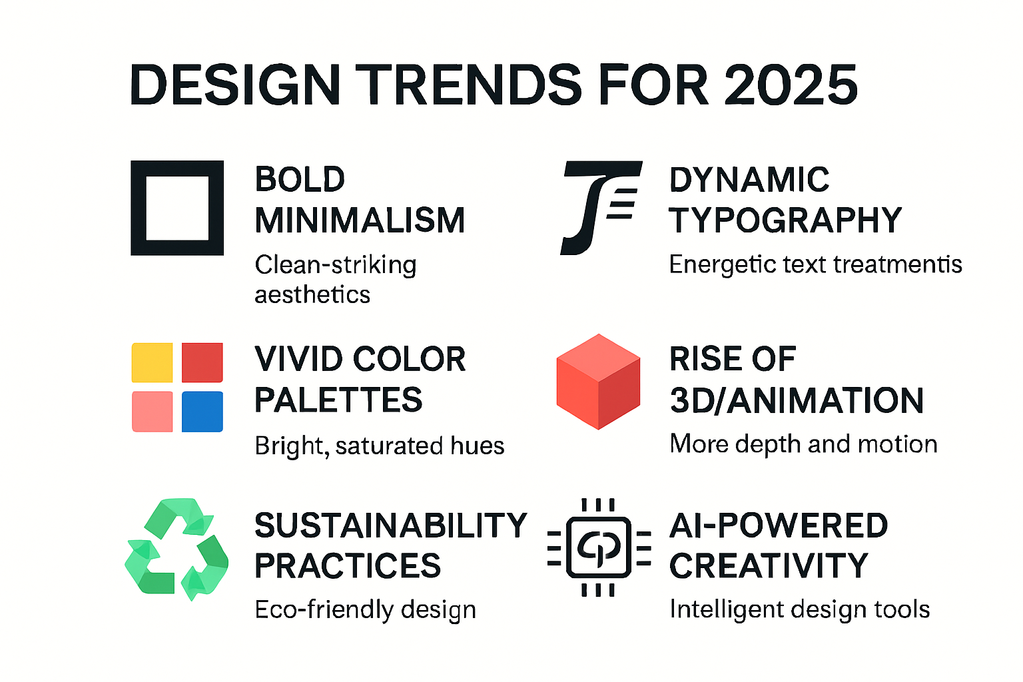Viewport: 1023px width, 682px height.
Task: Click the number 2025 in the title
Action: pyautogui.click(x=791, y=85)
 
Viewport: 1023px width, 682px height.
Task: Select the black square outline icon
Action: pyautogui.click(x=177, y=208)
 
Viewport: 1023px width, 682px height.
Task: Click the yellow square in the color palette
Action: pyautogui.click(x=153, y=362)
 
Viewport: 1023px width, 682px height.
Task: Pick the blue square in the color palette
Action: pyautogui.click(x=202, y=412)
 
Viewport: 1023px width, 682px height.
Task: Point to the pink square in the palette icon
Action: pyautogui.click(x=153, y=412)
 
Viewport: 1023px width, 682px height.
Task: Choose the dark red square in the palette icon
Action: pyautogui.click(x=202, y=362)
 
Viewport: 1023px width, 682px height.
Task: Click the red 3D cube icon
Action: pyautogui.click(x=598, y=382)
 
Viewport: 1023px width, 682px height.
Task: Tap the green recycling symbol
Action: pyautogui.click(x=176, y=549)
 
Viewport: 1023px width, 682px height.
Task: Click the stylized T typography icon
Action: pyautogui.click(x=599, y=206)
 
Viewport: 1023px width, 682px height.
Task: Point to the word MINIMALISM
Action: pyautogui.click(x=360, y=220)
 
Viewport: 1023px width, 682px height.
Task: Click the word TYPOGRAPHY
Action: pyautogui.click(x=785, y=220)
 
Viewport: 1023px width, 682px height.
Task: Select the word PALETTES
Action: pyautogui.click(x=338, y=400)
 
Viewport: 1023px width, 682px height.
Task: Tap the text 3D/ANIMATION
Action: pyautogui.click(x=797, y=400)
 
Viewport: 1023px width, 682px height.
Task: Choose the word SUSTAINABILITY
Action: pyautogui.click(x=390, y=525)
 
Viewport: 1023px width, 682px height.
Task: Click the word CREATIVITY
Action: pyautogui.click(x=769, y=566)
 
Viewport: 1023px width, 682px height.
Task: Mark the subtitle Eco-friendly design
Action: pyautogui.click(x=365, y=609)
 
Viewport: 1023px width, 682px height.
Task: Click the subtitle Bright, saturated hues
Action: pyautogui.click(x=379, y=446)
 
